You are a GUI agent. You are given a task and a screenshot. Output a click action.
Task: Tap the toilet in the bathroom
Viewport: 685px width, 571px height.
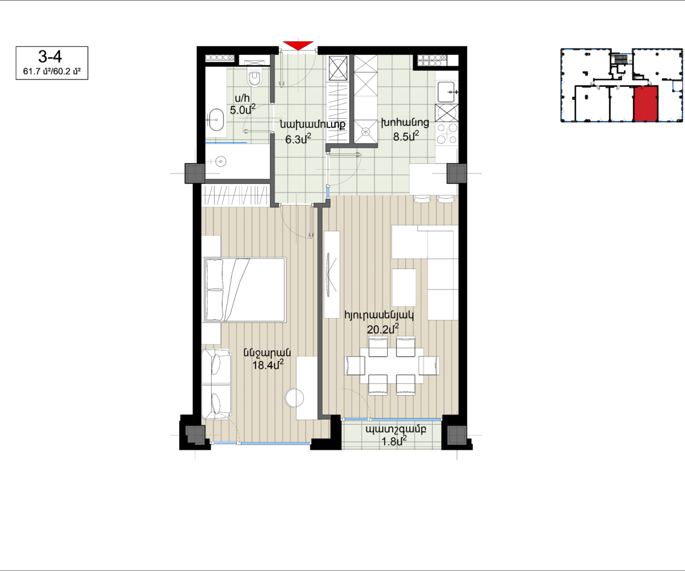click(255, 76)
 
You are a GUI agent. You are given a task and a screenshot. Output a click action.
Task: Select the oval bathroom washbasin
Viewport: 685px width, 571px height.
click(216, 120)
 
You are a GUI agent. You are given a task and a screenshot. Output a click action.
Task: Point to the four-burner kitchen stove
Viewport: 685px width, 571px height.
click(447, 133)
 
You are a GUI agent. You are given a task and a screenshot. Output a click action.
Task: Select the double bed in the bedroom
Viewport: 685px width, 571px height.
click(245, 289)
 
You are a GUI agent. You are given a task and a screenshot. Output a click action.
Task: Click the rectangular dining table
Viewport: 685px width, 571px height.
click(392, 365)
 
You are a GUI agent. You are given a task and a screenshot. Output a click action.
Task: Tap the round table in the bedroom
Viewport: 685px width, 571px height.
click(295, 398)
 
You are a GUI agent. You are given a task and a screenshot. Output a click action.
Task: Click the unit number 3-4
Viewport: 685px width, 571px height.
click(50, 57)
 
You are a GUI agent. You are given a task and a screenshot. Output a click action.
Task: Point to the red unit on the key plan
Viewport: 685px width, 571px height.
click(646, 104)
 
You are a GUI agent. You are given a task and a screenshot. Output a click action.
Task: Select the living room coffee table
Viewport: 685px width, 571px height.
click(404, 287)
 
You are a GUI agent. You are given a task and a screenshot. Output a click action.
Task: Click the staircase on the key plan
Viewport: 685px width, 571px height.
click(620, 59)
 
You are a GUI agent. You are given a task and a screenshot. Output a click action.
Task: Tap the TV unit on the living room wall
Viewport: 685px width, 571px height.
click(332, 275)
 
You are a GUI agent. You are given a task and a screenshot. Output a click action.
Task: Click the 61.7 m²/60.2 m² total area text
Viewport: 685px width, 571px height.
click(52, 71)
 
